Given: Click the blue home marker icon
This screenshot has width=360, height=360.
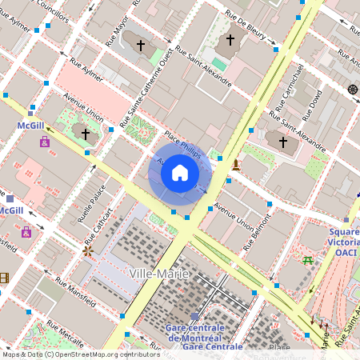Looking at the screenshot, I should click(180, 172).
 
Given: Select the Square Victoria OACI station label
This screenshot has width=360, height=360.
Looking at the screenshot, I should click(344, 242).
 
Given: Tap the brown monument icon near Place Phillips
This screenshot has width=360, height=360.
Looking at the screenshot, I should click(235, 166).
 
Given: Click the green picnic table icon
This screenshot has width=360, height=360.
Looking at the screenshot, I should click(307, 259).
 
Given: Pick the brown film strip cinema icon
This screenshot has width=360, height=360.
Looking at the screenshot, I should click(5, 278).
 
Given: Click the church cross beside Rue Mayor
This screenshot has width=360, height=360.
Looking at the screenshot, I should click(140, 46).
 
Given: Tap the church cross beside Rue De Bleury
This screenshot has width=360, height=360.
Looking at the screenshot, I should click(230, 40).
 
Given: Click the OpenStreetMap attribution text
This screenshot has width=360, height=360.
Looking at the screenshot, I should click(80, 354).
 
